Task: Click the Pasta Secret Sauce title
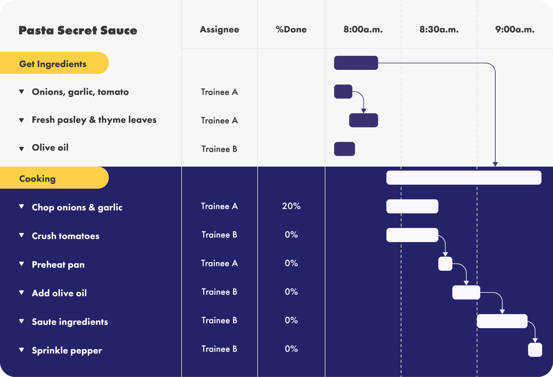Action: pyautogui.click(x=78, y=30)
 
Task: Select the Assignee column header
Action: pyautogui.click(x=219, y=30)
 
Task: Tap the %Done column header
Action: pyautogui.click(x=291, y=30)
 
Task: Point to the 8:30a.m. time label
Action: pyautogui.click(x=439, y=30)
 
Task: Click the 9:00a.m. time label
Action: pyautogui.click(x=515, y=30)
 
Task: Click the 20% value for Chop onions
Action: pyautogui.click(x=291, y=206)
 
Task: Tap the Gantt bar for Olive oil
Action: pyautogui.click(x=344, y=149)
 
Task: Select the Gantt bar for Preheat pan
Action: pyautogui.click(x=445, y=264)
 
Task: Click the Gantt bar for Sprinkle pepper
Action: pyautogui.click(x=535, y=350)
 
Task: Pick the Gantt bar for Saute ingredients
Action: pyautogui.click(x=502, y=321)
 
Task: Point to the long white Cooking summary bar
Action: pyautogui.click(x=464, y=178)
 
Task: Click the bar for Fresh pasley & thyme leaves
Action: pyautogui.click(x=364, y=120)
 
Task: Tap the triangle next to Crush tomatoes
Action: pyautogui.click(x=22, y=235)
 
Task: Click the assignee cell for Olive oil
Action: pyautogui.click(x=219, y=149)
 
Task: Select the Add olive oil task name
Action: pyautogui.click(x=59, y=293)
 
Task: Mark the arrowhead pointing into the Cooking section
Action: pyautogui.click(x=495, y=164)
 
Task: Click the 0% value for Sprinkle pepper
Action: pyautogui.click(x=291, y=349)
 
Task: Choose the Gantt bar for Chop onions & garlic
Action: pyautogui.click(x=412, y=206)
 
